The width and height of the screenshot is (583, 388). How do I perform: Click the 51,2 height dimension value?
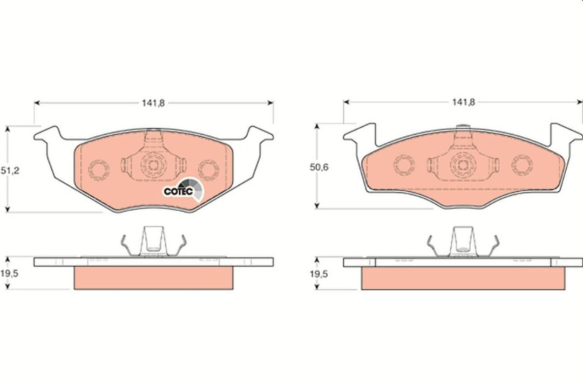point(10,171)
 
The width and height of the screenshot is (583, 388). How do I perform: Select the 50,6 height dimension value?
point(319,168)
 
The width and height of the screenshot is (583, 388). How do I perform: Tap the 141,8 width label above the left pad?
point(153,103)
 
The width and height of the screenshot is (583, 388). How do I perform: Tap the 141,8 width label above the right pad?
point(463,102)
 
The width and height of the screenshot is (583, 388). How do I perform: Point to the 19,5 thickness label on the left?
point(9,274)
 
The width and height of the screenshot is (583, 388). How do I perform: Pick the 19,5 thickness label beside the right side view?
point(319,274)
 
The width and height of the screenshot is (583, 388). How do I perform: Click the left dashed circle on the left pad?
point(99,170)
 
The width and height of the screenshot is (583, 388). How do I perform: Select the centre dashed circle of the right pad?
point(463,164)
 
